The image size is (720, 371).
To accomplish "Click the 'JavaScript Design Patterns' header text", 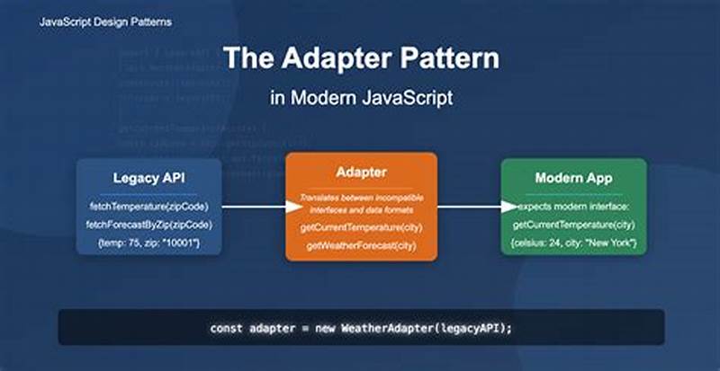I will (x=105, y=21).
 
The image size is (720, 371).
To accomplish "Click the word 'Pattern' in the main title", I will (x=448, y=59).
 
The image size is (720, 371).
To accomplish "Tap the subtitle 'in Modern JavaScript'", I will (x=360, y=98).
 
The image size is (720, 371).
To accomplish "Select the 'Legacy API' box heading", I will (x=148, y=178).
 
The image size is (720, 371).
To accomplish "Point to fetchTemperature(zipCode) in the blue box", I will (x=148, y=206).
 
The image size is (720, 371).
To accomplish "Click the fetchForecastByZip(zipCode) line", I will (x=148, y=224).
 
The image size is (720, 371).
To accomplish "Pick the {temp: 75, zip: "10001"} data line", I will (x=148, y=243).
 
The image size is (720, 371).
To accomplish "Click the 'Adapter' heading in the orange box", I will (x=361, y=172).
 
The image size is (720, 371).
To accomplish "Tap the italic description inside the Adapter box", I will (x=361, y=202).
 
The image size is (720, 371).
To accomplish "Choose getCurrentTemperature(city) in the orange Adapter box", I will (x=361, y=227).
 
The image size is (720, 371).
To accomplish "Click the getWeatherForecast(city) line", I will (x=361, y=245).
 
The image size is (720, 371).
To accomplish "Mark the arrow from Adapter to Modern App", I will (x=469, y=207).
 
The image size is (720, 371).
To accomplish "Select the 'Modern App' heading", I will (x=573, y=178).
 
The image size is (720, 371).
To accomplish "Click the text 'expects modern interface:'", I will (x=573, y=206).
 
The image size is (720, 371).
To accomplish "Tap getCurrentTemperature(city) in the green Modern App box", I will (x=573, y=224).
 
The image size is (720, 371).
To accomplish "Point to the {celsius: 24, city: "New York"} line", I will (x=573, y=243).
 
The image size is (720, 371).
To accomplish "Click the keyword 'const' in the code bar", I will (x=227, y=328).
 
